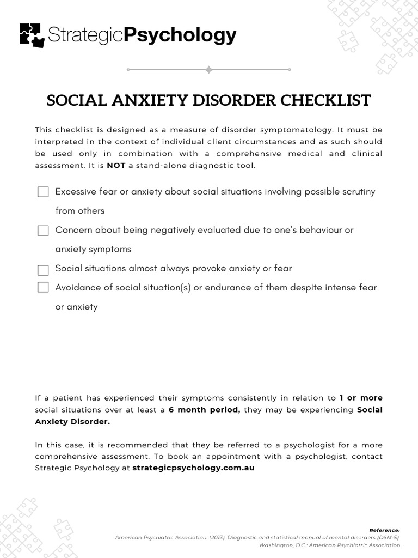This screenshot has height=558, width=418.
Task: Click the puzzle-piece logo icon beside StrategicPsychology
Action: click(32, 35)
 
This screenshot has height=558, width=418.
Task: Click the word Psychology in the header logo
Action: click(180, 35)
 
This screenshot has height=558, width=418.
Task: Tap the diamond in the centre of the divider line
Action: click(208, 70)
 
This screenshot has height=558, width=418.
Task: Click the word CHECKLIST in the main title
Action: click(325, 101)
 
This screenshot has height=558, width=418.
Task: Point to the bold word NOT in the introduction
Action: click(116, 165)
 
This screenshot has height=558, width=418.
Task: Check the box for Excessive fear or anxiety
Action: click(43, 192)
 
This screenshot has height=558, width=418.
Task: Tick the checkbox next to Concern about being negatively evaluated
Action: click(43, 231)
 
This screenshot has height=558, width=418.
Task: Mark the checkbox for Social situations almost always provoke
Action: click(43, 270)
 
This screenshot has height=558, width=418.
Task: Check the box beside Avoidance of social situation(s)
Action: click(43, 287)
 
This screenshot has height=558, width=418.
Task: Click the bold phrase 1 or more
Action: click(361, 398)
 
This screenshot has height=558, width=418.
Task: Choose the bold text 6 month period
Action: click(204, 410)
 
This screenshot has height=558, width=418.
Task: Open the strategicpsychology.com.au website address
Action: click(193, 468)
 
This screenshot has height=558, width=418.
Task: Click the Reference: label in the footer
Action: click(384, 530)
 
